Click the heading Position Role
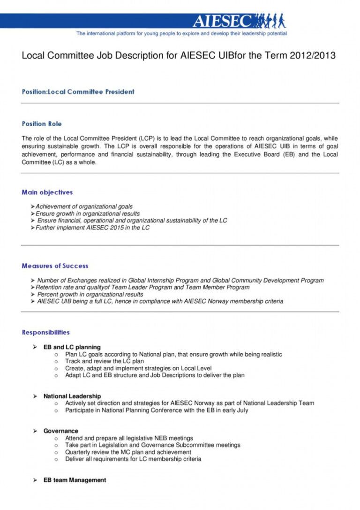[x=42, y=124]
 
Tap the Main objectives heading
[x=47, y=192]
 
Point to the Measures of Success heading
[x=55, y=266]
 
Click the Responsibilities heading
[x=45, y=332]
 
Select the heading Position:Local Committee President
[x=78, y=91]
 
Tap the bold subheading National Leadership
[x=72, y=396]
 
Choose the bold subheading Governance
[x=60, y=431]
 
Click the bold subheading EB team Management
[x=75, y=480]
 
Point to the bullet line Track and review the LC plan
[x=104, y=361]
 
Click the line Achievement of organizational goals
[x=84, y=206]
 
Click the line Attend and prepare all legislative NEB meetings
[x=129, y=438]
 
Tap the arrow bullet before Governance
[x=35, y=431]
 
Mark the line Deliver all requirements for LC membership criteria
[x=133, y=459]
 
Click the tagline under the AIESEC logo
[x=181, y=34]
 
